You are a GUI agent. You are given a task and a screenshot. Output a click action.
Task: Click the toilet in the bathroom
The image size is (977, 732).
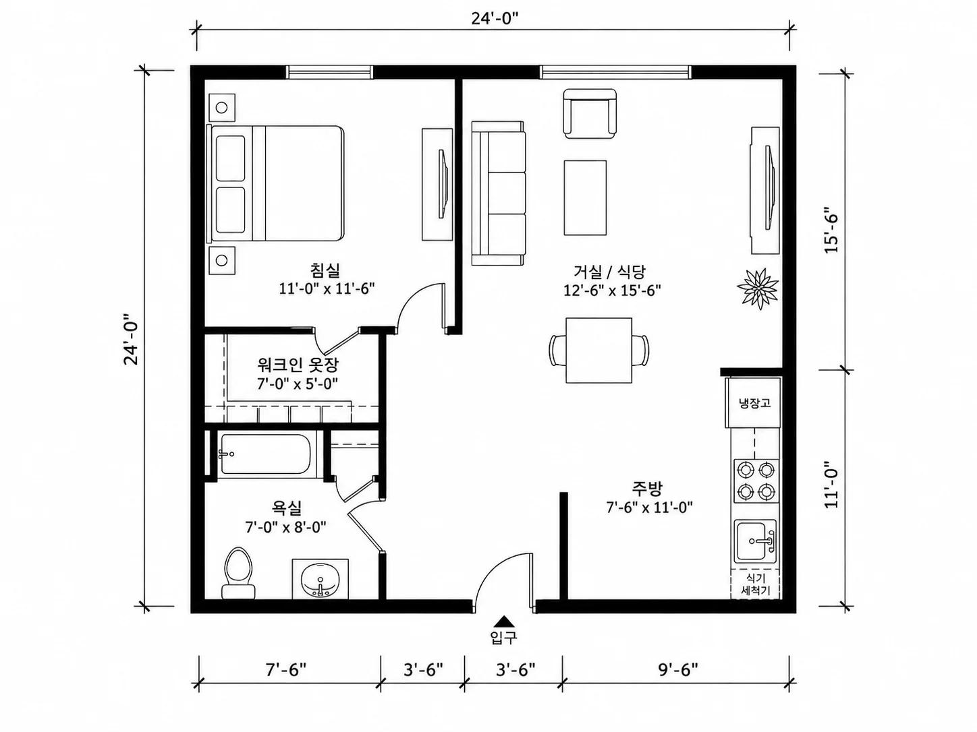coord(238,573)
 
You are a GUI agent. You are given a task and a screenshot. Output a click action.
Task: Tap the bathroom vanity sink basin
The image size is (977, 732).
coord(320,580)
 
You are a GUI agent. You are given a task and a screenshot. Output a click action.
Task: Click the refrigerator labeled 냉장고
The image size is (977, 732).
coord(754,403)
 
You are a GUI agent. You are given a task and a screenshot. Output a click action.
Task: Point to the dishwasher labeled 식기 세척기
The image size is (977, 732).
coord(755,584)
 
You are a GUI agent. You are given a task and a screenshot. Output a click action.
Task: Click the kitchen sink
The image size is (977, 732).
coord(755,541)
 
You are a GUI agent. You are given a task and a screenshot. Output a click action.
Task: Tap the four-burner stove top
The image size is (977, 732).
coord(756,481)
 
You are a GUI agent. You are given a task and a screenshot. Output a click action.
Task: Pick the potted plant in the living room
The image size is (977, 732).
coord(758,288)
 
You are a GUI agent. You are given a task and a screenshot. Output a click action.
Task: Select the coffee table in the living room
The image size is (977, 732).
coord(585,197)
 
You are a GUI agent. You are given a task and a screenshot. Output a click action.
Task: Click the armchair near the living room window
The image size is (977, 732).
coord(590,114)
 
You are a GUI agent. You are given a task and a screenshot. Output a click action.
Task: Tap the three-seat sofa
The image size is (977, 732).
coord(499,193)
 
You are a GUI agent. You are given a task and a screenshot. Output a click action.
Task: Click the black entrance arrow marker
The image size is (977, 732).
coord(503,621)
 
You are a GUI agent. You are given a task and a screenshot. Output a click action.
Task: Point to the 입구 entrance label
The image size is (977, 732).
coord(503,638)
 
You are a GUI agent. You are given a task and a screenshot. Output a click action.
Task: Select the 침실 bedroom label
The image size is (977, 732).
coord(325,270)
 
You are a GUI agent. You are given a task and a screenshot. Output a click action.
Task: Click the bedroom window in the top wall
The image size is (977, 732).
coord(329,71)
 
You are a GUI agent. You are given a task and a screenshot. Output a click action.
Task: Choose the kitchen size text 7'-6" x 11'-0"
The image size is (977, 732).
coord(649,508)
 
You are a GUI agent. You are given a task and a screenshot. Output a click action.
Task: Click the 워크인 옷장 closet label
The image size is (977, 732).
coord(298,365)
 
